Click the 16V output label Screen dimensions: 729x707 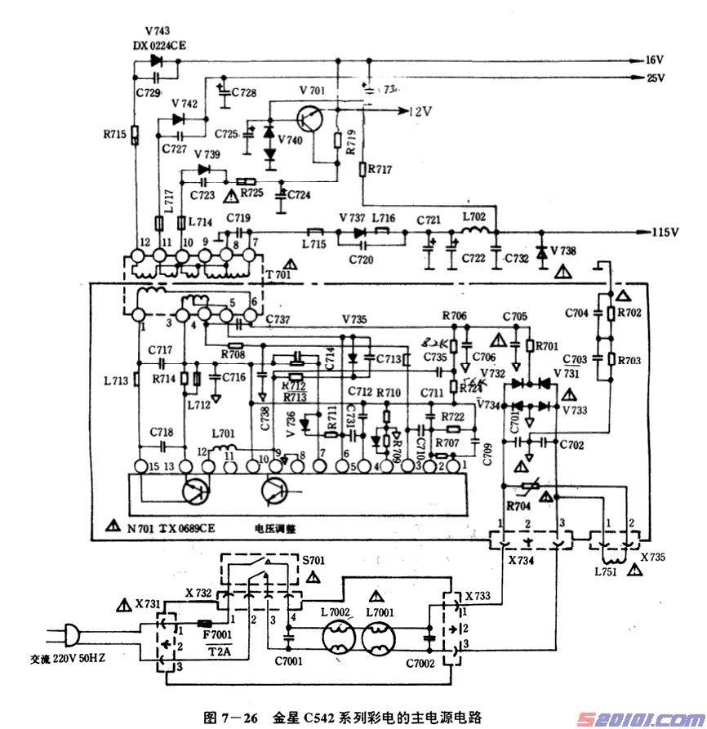(x=656, y=60)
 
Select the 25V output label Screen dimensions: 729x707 (x=656, y=78)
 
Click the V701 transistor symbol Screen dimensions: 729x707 (x=313, y=118)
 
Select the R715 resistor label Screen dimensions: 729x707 (x=115, y=134)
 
